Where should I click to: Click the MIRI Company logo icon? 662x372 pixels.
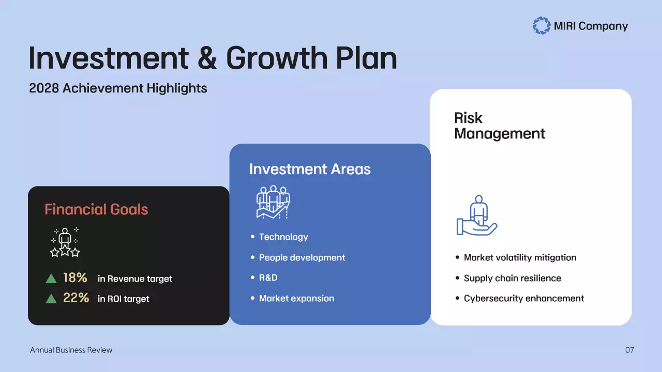click(x=541, y=26)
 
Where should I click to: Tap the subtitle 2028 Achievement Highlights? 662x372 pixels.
click(x=118, y=88)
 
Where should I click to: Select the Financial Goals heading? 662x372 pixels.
click(x=96, y=209)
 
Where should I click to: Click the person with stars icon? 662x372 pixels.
click(x=65, y=242)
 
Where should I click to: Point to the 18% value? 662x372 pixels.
click(x=75, y=278)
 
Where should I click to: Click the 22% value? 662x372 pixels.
click(x=76, y=298)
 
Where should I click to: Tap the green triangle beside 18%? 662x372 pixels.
click(x=51, y=279)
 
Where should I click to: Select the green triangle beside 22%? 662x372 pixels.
click(x=51, y=299)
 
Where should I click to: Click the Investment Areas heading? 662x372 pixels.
click(x=310, y=169)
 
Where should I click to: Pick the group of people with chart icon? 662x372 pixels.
click(x=273, y=202)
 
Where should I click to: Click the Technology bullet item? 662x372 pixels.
click(x=283, y=237)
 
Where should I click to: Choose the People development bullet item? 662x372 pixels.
click(x=302, y=257)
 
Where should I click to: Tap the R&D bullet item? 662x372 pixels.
click(x=268, y=278)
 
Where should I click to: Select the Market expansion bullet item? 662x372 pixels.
click(x=296, y=298)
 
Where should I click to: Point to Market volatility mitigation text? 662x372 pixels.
click(x=520, y=257)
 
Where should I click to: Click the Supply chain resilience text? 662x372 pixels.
click(x=512, y=278)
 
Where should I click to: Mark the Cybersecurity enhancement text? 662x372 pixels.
click(x=523, y=298)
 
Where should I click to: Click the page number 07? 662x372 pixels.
click(x=629, y=350)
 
